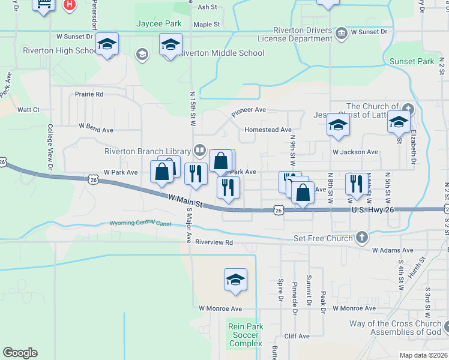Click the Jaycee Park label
tap(158, 23)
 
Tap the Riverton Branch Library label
tap(148, 151)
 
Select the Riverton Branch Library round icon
tap(199, 150)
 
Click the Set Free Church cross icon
tap(361, 238)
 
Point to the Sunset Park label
tap(411, 61)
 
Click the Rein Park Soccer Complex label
tap(245, 335)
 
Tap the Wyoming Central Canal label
tap(140, 224)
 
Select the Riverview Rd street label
tap(214, 243)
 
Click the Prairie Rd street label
tap(89, 94)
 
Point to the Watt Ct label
tap(28, 110)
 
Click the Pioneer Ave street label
tap(249, 110)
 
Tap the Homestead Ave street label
tap(268, 130)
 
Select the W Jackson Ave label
tap(355, 152)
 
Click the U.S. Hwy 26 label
tap(373, 210)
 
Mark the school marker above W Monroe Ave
tap(235, 280)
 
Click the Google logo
tap(20, 353)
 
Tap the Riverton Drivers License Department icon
tap(341, 32)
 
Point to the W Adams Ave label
tap(393, 250)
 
